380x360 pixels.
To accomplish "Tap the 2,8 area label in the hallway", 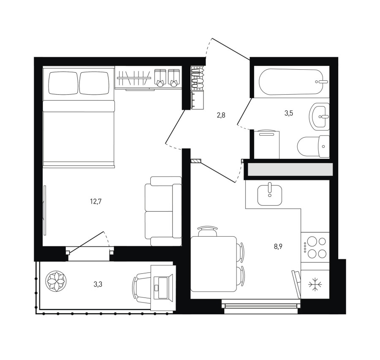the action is pyautogui.click(x=221, y=115).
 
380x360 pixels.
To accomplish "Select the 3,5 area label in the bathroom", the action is pyautogui.click(x=289, y=113).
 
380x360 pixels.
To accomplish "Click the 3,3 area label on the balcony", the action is pyautogui.click(x=98, y=284).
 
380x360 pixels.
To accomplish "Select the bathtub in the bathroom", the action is pyautogui.click(x=294, y=82).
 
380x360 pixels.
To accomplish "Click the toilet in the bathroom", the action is pyautogui.click(x=313, y=146).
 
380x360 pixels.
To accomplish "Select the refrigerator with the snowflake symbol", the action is pyautogui.click(x=315, y=284).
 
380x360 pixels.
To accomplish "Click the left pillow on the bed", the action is pyautogui.click(x=63, y=83).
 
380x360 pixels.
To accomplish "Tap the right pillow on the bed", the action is pyautogui.click(x=94, y=83).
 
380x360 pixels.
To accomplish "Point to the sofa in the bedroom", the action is pyautogui.click(x=163, y=211).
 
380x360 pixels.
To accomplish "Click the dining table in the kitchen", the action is pyautogui.click(x=214, y=264).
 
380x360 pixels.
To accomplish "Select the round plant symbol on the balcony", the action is pyautogui.click(x=56, y=281).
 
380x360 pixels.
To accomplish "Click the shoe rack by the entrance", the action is pyautogui.click(x=197, y=78).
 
